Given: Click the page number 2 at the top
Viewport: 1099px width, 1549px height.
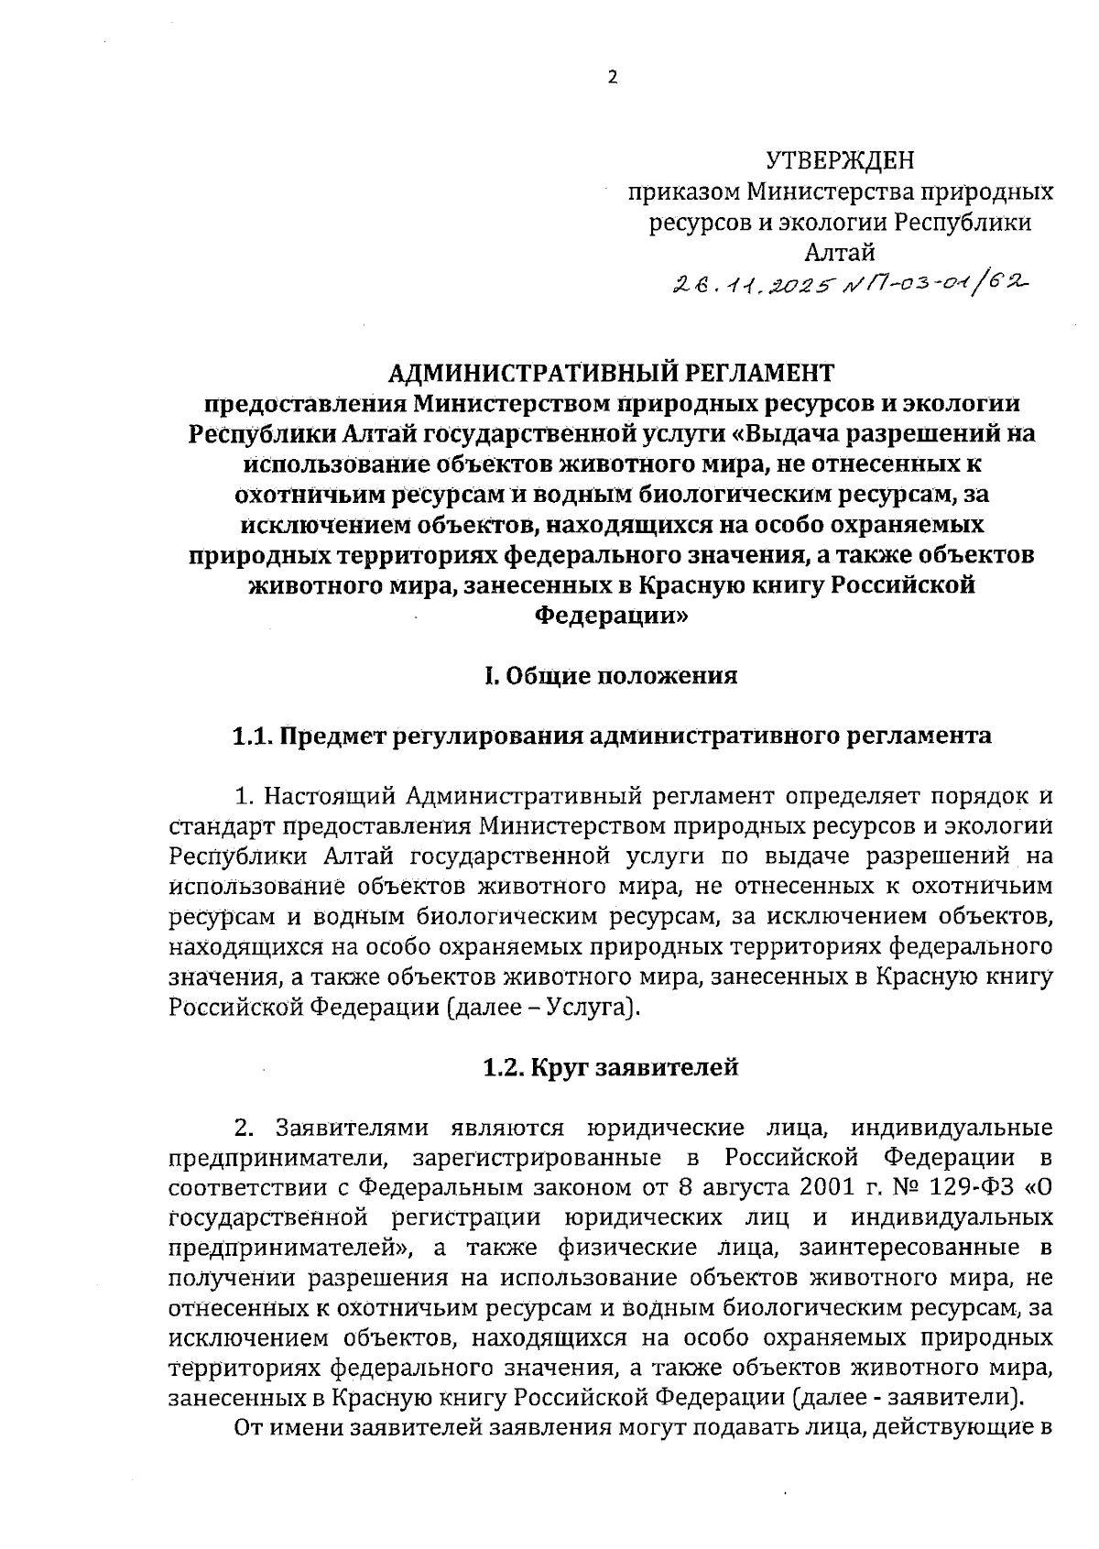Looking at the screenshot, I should [613, 78].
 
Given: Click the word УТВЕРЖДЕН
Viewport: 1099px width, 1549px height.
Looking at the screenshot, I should [840, 162].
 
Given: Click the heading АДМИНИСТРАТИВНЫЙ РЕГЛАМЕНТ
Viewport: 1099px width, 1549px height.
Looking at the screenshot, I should [612, 373].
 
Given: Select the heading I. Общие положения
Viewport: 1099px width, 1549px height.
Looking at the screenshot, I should [611, 677].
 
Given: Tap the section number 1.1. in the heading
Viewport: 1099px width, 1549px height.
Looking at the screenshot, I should [252, 736].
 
